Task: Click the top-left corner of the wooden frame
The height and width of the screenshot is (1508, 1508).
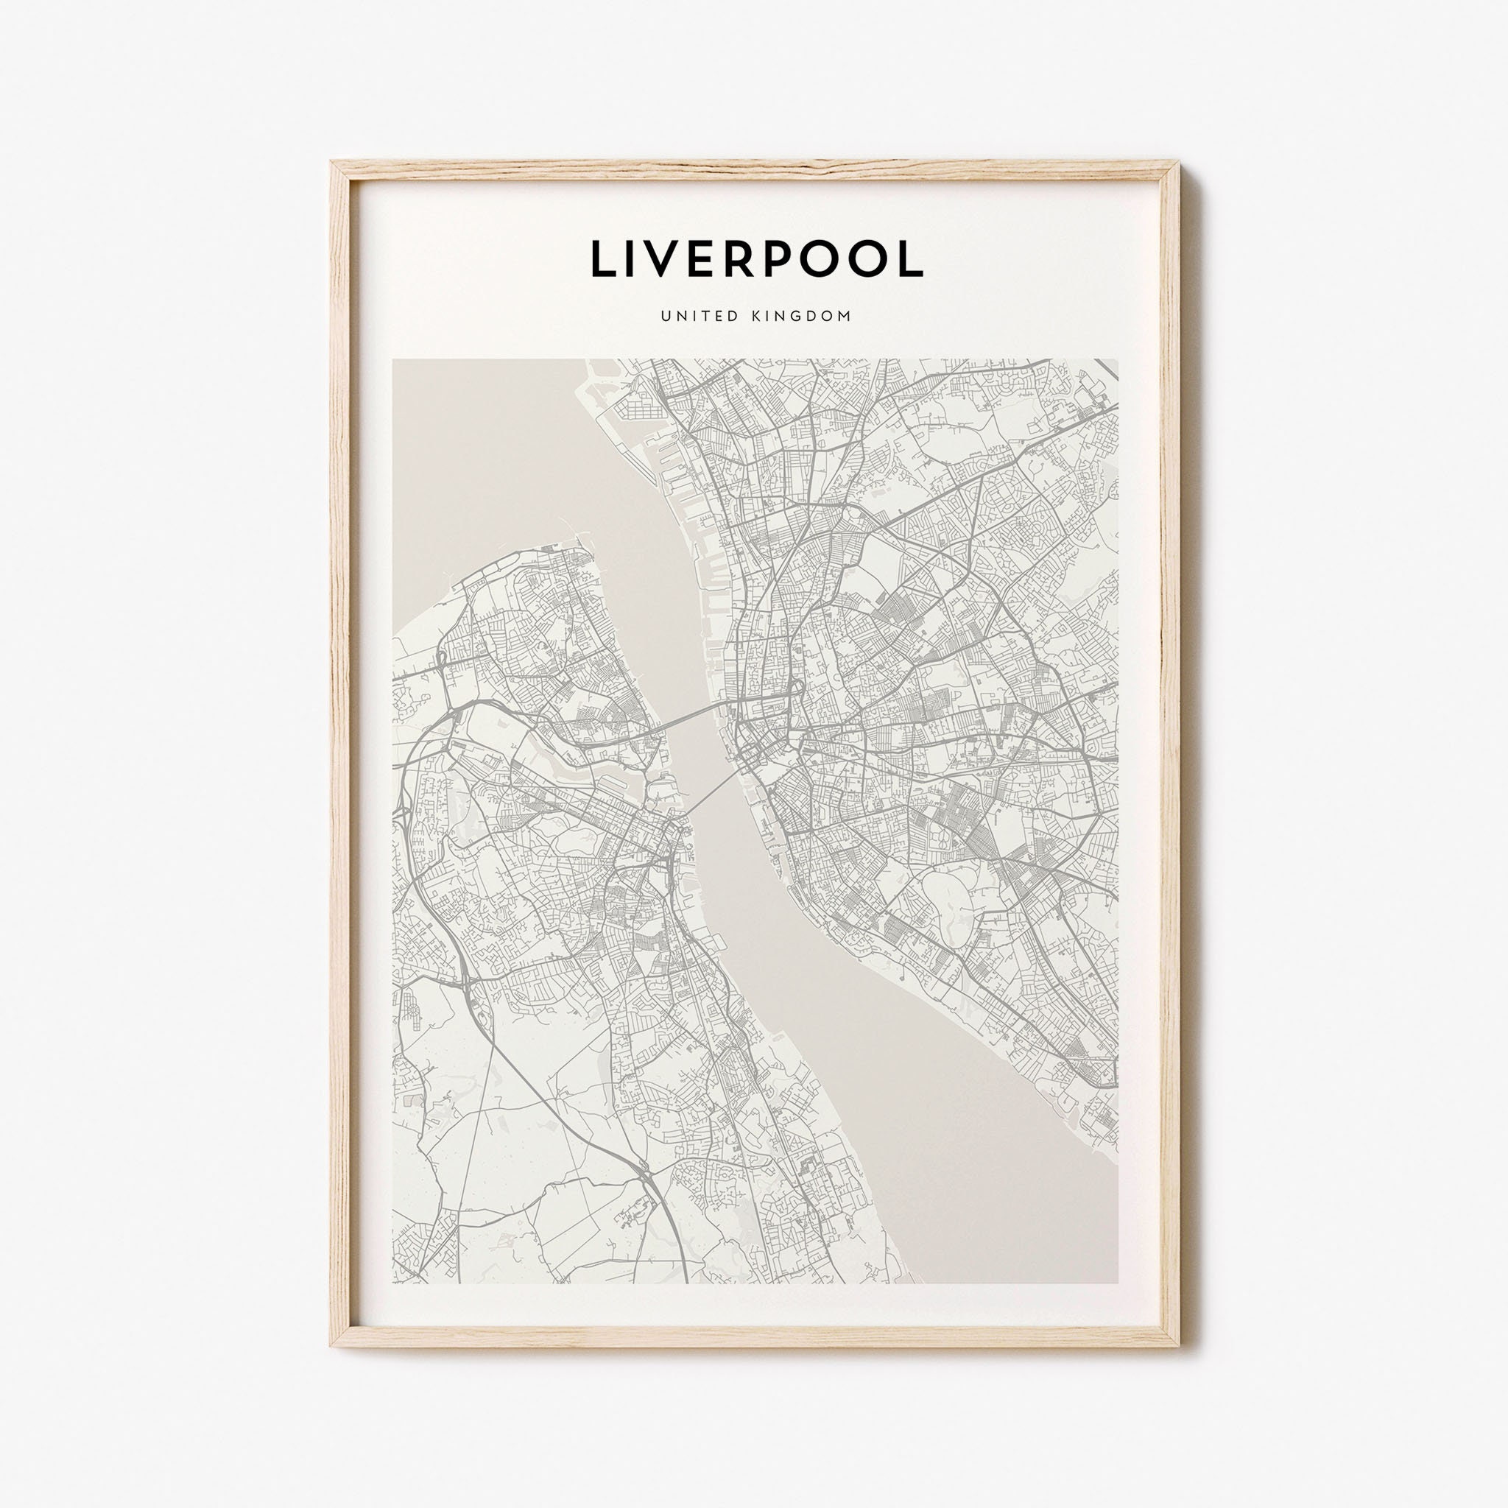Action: (x=335, y=161)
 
